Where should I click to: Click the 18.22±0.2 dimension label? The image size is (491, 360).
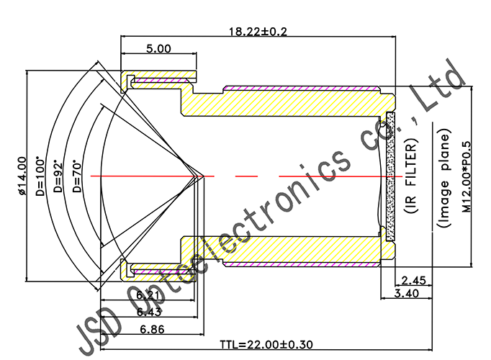pyautogui.click(x=258, y=31)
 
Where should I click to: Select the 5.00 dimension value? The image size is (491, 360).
pyautogui.click(x=158, y=49)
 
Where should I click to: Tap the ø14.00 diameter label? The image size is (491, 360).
pyautogui.click(x=21, y=176)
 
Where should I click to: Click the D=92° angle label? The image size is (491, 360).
pyautogui.click(x=60, y=176)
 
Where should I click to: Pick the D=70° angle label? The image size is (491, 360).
pyautogui.click(x=78, y=176)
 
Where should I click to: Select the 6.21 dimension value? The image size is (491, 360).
pyautogui.click(x=149, y=295)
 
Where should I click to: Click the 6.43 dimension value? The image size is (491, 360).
pyautogui.click(x=149, y=311)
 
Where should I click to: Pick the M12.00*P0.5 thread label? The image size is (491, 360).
pyautogui.click(x=466, y=176)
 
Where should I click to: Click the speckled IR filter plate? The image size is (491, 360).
pyautogui.click(x=391, y=176)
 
